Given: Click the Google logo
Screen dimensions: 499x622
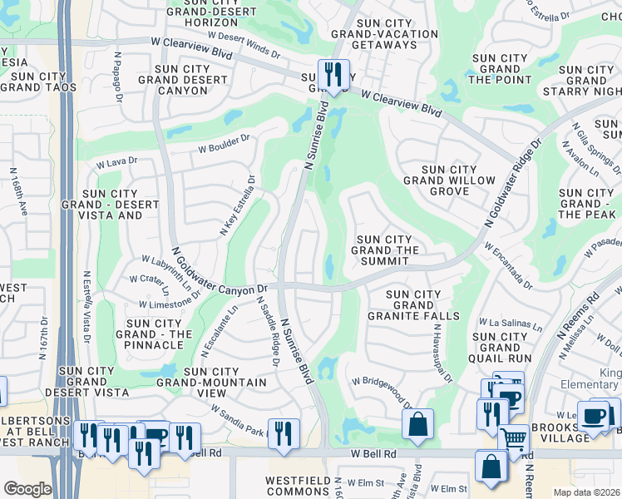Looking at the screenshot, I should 27,489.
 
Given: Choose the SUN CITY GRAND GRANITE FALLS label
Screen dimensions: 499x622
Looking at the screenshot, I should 422,305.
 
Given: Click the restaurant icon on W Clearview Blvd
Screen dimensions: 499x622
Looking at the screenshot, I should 333,74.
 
